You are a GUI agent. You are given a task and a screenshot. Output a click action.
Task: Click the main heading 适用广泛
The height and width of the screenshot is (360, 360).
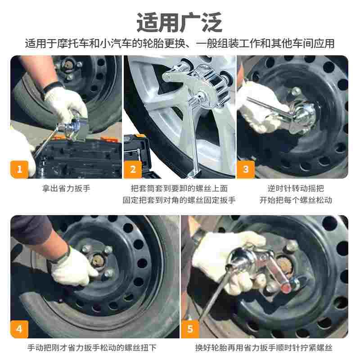tap(180, 22)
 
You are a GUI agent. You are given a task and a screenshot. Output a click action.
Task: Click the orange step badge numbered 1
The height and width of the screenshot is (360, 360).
tap(19, 170)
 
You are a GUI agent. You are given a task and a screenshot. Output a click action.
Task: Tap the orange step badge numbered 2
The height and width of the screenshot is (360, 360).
tap(133, 170)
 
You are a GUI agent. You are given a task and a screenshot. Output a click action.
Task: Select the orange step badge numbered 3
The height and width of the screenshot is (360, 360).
tap(246, 170)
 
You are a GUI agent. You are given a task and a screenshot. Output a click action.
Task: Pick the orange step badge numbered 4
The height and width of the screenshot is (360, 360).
tap(19, 329)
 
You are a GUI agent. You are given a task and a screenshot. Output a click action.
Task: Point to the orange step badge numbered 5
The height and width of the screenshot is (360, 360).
tap(190, 329)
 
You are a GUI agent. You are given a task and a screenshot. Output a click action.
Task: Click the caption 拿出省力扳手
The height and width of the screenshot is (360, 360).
tap(66, 189)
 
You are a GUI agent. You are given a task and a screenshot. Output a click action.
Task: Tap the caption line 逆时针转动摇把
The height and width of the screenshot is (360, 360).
tap(296, 189)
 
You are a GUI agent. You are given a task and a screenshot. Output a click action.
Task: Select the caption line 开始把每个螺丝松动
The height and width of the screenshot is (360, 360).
tap(296, 200)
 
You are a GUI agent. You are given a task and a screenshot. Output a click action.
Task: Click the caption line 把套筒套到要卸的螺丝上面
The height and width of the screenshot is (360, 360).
tap(179, 189)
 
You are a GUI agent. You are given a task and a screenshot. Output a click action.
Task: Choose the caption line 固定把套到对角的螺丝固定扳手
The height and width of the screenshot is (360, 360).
tap(179, 200)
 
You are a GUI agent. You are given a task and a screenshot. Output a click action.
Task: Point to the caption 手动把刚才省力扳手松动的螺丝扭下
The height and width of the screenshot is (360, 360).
tap(92, 347)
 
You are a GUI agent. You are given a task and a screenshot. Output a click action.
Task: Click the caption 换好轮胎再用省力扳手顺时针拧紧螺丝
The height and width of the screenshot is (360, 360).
tap(264, 347)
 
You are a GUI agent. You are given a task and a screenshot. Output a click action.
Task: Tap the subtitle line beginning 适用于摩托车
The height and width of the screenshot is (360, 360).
tap(180, 44)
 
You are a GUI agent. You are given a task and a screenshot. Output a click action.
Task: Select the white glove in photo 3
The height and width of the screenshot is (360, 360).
tap(260, 108)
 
